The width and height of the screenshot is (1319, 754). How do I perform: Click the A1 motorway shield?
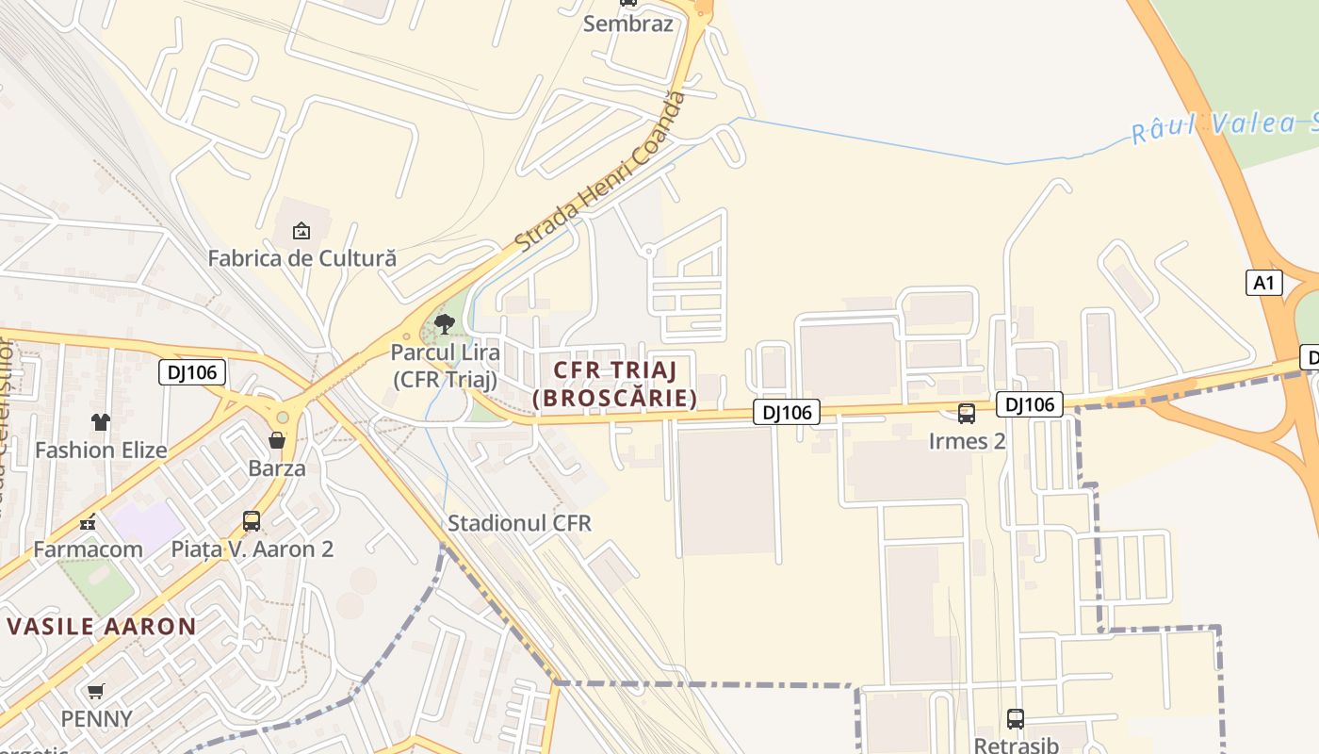pos(1264,282)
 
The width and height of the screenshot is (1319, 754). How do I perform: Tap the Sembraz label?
pos(628,24)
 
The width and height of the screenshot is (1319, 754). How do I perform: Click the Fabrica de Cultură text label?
pos(301,257)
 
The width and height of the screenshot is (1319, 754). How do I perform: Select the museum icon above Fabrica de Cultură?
pos(301,230)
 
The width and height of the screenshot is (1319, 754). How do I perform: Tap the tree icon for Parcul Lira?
pos(445,325)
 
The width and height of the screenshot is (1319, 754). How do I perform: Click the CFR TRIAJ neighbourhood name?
pos(615,369)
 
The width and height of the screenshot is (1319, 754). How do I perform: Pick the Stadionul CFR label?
pos(519,523)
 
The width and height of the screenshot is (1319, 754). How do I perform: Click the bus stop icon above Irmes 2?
pos(966,414)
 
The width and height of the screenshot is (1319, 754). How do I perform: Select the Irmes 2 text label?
pos(967,441)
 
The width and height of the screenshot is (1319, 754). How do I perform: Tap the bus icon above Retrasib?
pos(1015,719)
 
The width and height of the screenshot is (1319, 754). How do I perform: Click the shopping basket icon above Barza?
pos(277,440)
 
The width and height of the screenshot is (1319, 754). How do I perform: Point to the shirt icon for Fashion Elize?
pos(101,422)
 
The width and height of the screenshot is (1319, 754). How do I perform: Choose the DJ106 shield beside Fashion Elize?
pos(192,372)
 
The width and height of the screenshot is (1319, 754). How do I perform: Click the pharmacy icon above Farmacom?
pos(89,522)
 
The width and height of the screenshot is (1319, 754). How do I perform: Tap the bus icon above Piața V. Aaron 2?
pos(252,521)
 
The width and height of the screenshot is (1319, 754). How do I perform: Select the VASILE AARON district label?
pos(102,627)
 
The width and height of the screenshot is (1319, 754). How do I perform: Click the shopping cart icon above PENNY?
pos(96,692)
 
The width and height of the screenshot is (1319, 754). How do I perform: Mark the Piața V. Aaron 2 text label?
pos(252,549)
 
